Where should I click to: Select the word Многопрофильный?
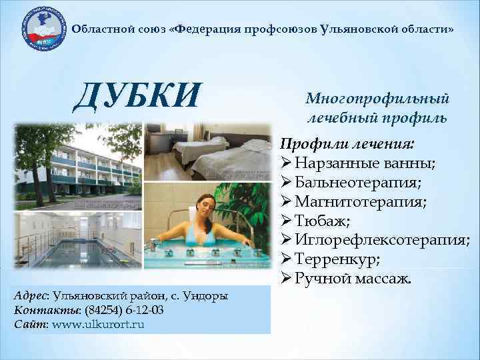click(377, 99)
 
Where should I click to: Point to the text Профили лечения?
click(347, 144)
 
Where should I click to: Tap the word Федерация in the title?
click(207, 30)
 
